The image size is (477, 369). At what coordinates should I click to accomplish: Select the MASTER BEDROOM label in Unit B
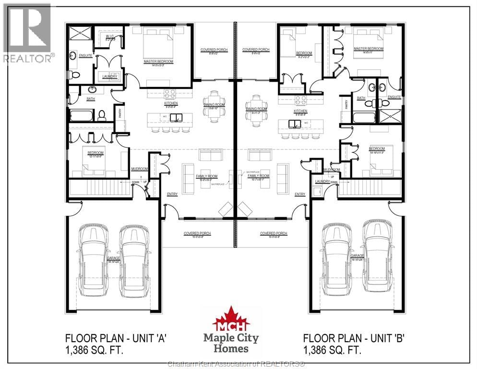(368, 49)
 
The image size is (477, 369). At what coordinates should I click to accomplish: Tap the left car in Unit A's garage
(94, 262)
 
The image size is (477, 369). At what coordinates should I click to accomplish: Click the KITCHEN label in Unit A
(170, 103)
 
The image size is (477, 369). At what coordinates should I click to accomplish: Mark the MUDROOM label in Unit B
(332, 170)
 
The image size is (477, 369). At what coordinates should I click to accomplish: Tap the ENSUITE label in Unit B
(394, 97)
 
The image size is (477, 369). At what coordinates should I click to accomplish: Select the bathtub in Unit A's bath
(82, 115)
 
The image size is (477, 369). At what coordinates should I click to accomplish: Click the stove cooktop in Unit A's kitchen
(170, 94)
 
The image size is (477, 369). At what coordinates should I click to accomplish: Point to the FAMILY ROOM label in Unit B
(258, 176)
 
